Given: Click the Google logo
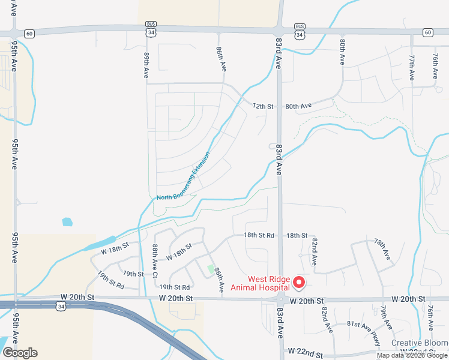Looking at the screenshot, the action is click(19, 353).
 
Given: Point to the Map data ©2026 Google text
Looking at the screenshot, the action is click(412, 355).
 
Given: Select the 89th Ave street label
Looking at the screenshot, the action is click(146, 65).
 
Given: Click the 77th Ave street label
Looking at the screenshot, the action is click(412, 68).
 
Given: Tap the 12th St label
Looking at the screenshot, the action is click(263, 106).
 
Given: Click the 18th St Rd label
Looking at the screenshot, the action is click(259, 236).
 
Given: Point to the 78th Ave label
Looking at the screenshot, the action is click(382, 249).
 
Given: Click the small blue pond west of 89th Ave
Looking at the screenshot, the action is click(67, 222).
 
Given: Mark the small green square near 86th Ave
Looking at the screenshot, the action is click(211, 268).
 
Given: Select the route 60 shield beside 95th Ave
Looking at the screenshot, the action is click(30, 34).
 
